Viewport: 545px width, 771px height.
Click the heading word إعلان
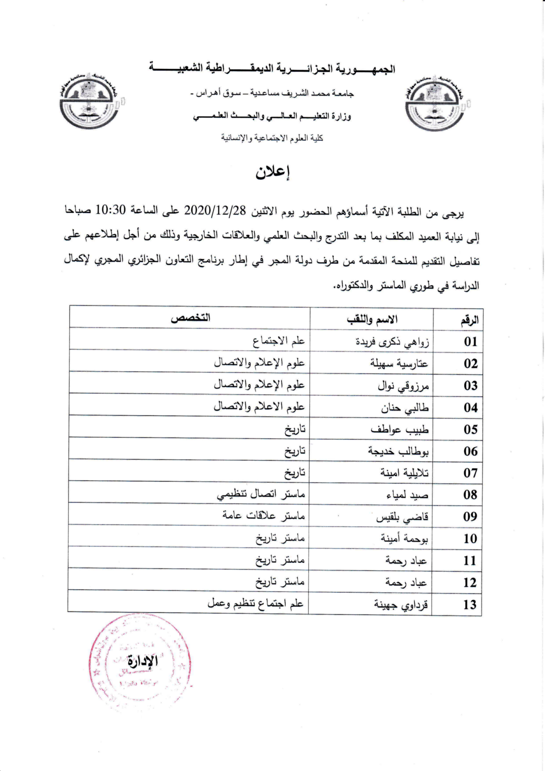[273, 173]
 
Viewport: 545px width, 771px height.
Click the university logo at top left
[90, 100]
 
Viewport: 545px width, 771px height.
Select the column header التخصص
[190, 318]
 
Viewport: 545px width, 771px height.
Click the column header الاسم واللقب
[372, 319]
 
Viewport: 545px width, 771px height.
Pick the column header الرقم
[469, 320]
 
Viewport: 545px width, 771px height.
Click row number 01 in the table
[470, 342]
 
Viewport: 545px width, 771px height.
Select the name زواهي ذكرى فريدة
[392, 342]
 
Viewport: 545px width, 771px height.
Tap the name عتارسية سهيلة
[399, 364]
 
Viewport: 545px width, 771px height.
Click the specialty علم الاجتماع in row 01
[279, 341]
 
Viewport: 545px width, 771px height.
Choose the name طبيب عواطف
[400, 430]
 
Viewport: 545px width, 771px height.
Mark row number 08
[470, 495]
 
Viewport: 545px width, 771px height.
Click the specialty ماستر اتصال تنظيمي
[261, 494]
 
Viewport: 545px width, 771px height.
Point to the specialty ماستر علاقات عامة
[263, 516]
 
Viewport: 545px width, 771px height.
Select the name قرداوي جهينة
[401, 604]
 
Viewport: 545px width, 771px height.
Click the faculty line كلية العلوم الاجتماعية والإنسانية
[272, 138]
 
